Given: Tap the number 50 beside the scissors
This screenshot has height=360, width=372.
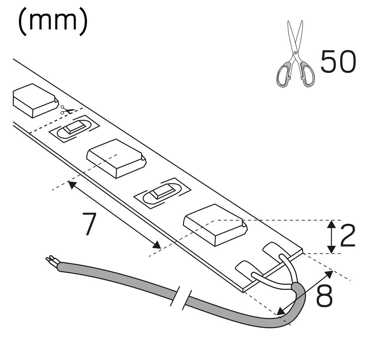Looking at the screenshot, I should click(x=338, y=61).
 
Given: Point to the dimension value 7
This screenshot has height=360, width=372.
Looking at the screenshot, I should click(x=89, y=224).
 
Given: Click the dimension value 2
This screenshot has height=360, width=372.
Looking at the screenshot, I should click(x=348, y=236).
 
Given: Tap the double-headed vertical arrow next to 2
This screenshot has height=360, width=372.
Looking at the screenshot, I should click(x=332, y=236).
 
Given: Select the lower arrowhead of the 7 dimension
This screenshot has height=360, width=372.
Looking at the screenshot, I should click(x=157, y=245).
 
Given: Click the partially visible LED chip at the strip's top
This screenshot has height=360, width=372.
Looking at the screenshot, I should click(x=34, y=100).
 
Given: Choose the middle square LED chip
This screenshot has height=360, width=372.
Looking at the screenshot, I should click(x=117, y=158).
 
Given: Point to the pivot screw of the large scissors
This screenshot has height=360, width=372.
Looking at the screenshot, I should click(x=295, y=53).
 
